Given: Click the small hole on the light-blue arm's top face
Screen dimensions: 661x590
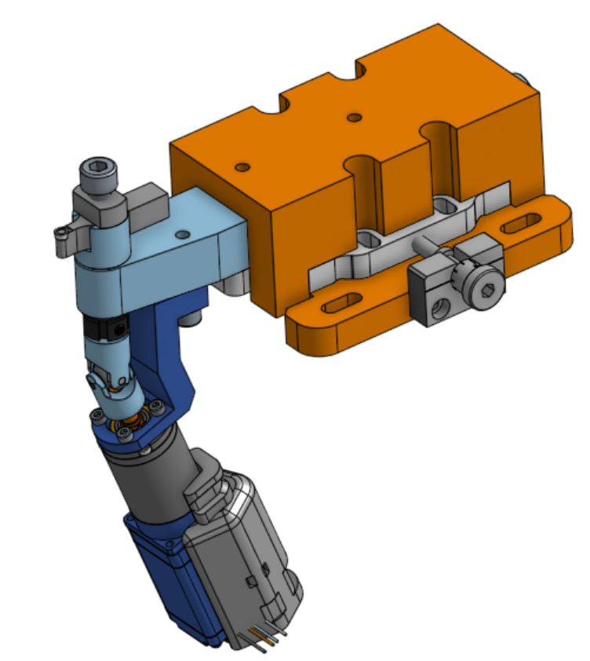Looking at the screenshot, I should [182, 234].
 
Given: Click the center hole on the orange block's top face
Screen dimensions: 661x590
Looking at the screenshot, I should [355, 118].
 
